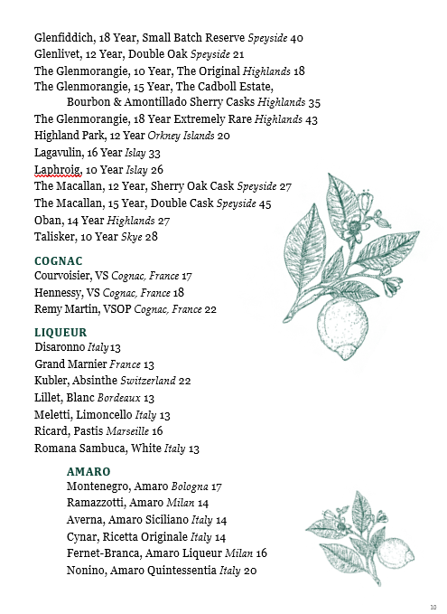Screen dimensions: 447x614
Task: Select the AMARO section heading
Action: (88, 471)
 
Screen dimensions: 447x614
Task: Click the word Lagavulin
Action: (62, 153)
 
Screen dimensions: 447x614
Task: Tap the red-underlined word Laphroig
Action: (58, 169)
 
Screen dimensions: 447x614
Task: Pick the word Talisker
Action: (58, 236)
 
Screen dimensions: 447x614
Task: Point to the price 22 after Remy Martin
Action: (210, 309)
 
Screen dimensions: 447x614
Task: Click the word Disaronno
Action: (61, 347)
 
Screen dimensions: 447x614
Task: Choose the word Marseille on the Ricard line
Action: (127, 431)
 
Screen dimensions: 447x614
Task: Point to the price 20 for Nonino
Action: (250, 571)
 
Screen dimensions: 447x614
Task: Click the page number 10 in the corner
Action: (433, 606)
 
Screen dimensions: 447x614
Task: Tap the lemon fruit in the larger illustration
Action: (344, 317)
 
